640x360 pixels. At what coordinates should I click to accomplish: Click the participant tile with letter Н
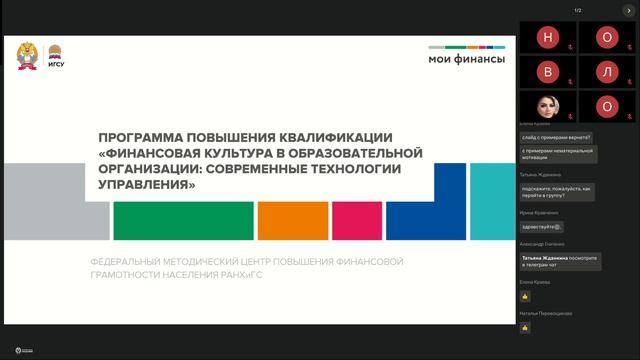coord(547,39)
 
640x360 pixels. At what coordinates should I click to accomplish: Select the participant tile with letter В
coord(547,72)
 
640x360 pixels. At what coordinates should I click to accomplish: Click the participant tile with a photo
coord(547,105)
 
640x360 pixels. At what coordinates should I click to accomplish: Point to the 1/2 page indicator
coord(578,10)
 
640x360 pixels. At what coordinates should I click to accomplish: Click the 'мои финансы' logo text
coord(466,58)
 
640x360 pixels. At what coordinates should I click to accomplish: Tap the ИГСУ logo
coord(56,57)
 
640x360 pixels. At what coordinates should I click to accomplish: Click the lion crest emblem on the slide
coord(27,56)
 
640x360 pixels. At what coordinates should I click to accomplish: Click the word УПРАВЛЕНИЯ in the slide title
coord(141,185)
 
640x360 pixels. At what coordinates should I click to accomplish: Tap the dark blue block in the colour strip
coord(425,220)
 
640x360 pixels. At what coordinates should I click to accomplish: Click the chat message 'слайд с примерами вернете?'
coord(556,137)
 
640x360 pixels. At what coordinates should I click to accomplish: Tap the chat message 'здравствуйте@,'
coord(542,225)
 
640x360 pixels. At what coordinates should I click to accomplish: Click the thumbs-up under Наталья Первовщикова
coord(525,327)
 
